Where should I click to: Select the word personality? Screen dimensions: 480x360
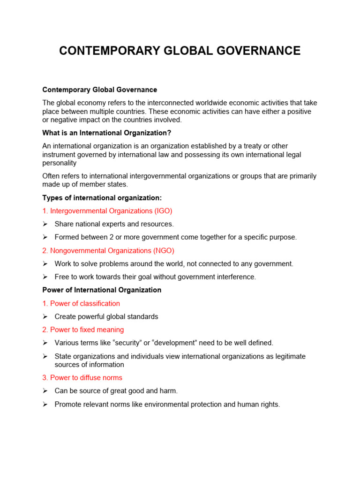(x=60, y=163)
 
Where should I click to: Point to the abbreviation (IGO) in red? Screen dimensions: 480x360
(x=164, y=211)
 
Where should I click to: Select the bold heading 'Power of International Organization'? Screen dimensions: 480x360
(x=102, y=290)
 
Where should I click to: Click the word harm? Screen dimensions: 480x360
(x=169, y=391)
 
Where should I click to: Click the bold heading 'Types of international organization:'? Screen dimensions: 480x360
(x=102, y=198)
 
